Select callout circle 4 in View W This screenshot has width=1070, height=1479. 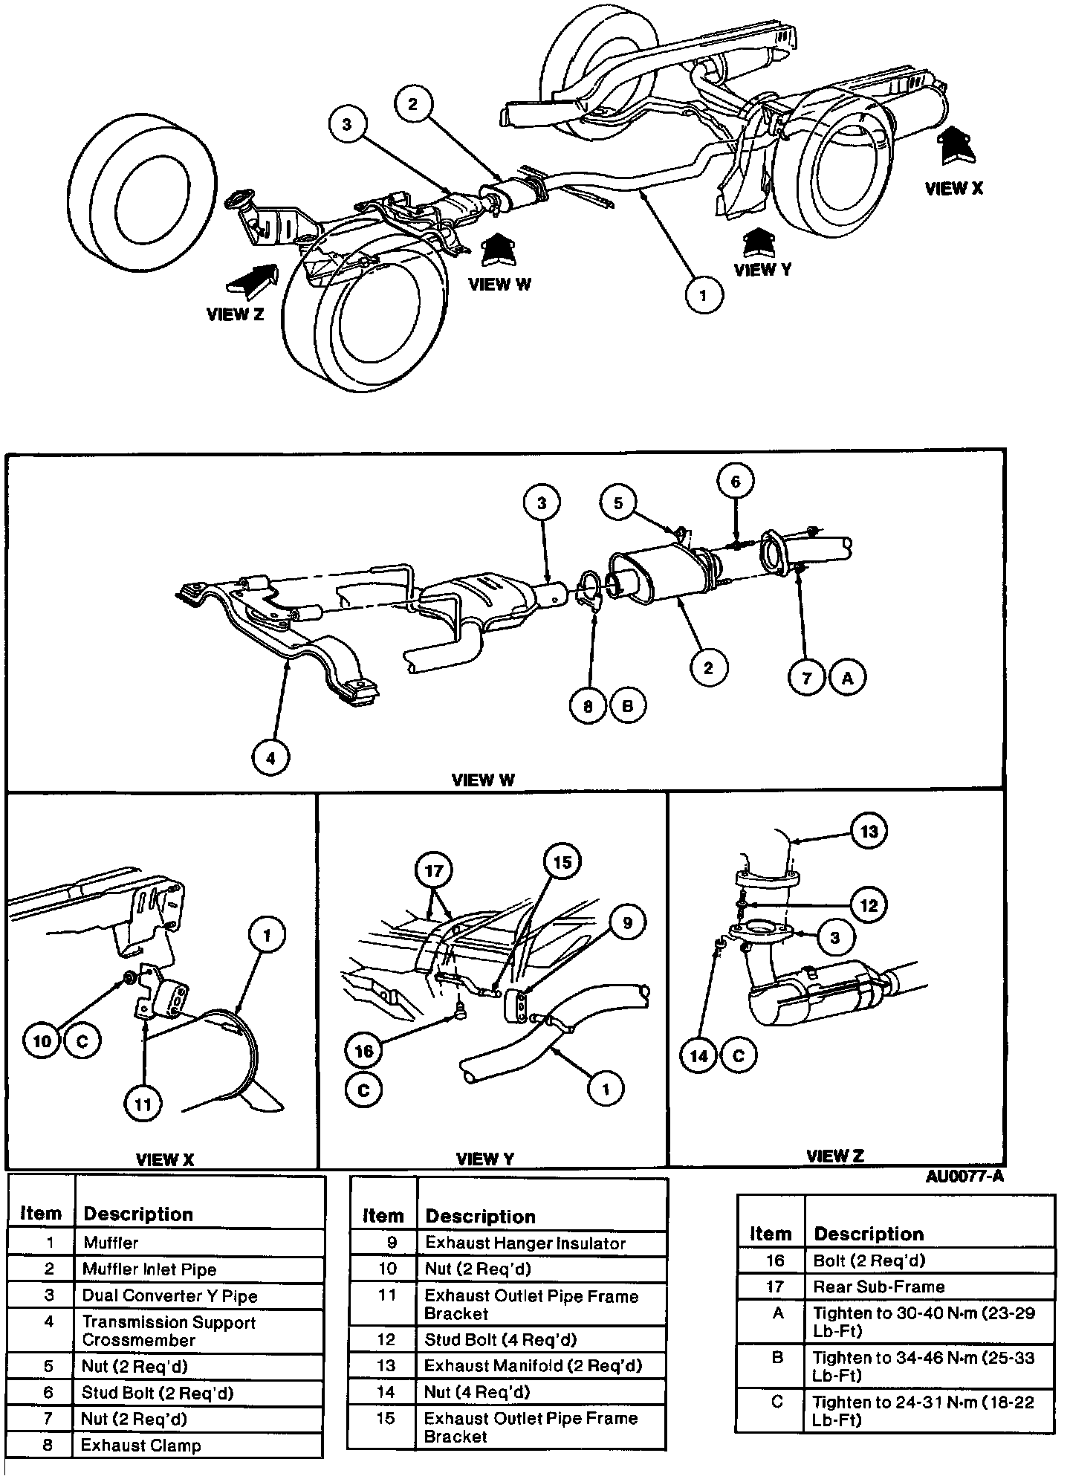pos(270,758)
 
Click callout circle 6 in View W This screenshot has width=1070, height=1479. pos(736,482)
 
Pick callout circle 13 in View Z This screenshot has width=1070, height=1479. pos(869,831)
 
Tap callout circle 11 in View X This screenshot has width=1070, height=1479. pos(143,1104)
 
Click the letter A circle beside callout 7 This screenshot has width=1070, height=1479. pos(848,677)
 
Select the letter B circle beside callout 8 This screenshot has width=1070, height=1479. pos(627,706)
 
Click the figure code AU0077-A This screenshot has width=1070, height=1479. pos(964,1177)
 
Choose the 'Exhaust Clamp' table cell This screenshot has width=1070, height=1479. pos(140,1446)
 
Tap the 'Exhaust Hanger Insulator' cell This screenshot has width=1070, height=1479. pos(525,1243)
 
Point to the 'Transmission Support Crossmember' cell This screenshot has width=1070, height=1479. pos(169,1331)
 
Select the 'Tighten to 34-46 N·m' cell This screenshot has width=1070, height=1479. pos(923,1366)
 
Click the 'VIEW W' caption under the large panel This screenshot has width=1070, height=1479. pos(483,780)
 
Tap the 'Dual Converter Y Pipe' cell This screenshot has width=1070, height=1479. pos(169,1295)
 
